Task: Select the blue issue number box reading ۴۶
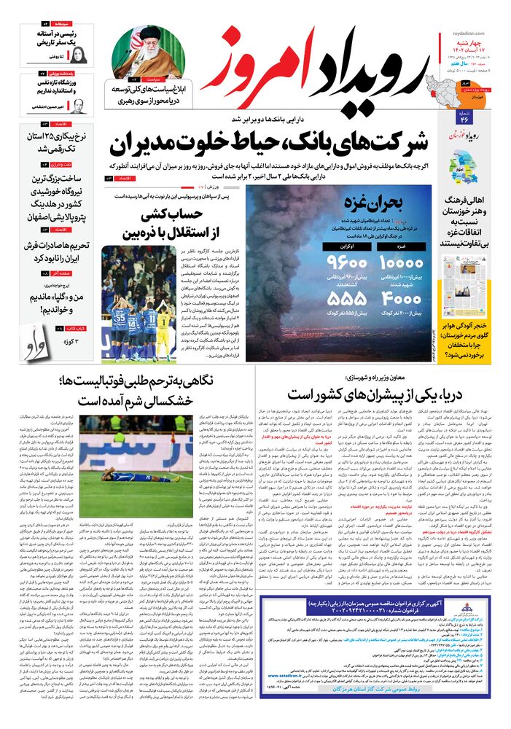click(x=464, y=119)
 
